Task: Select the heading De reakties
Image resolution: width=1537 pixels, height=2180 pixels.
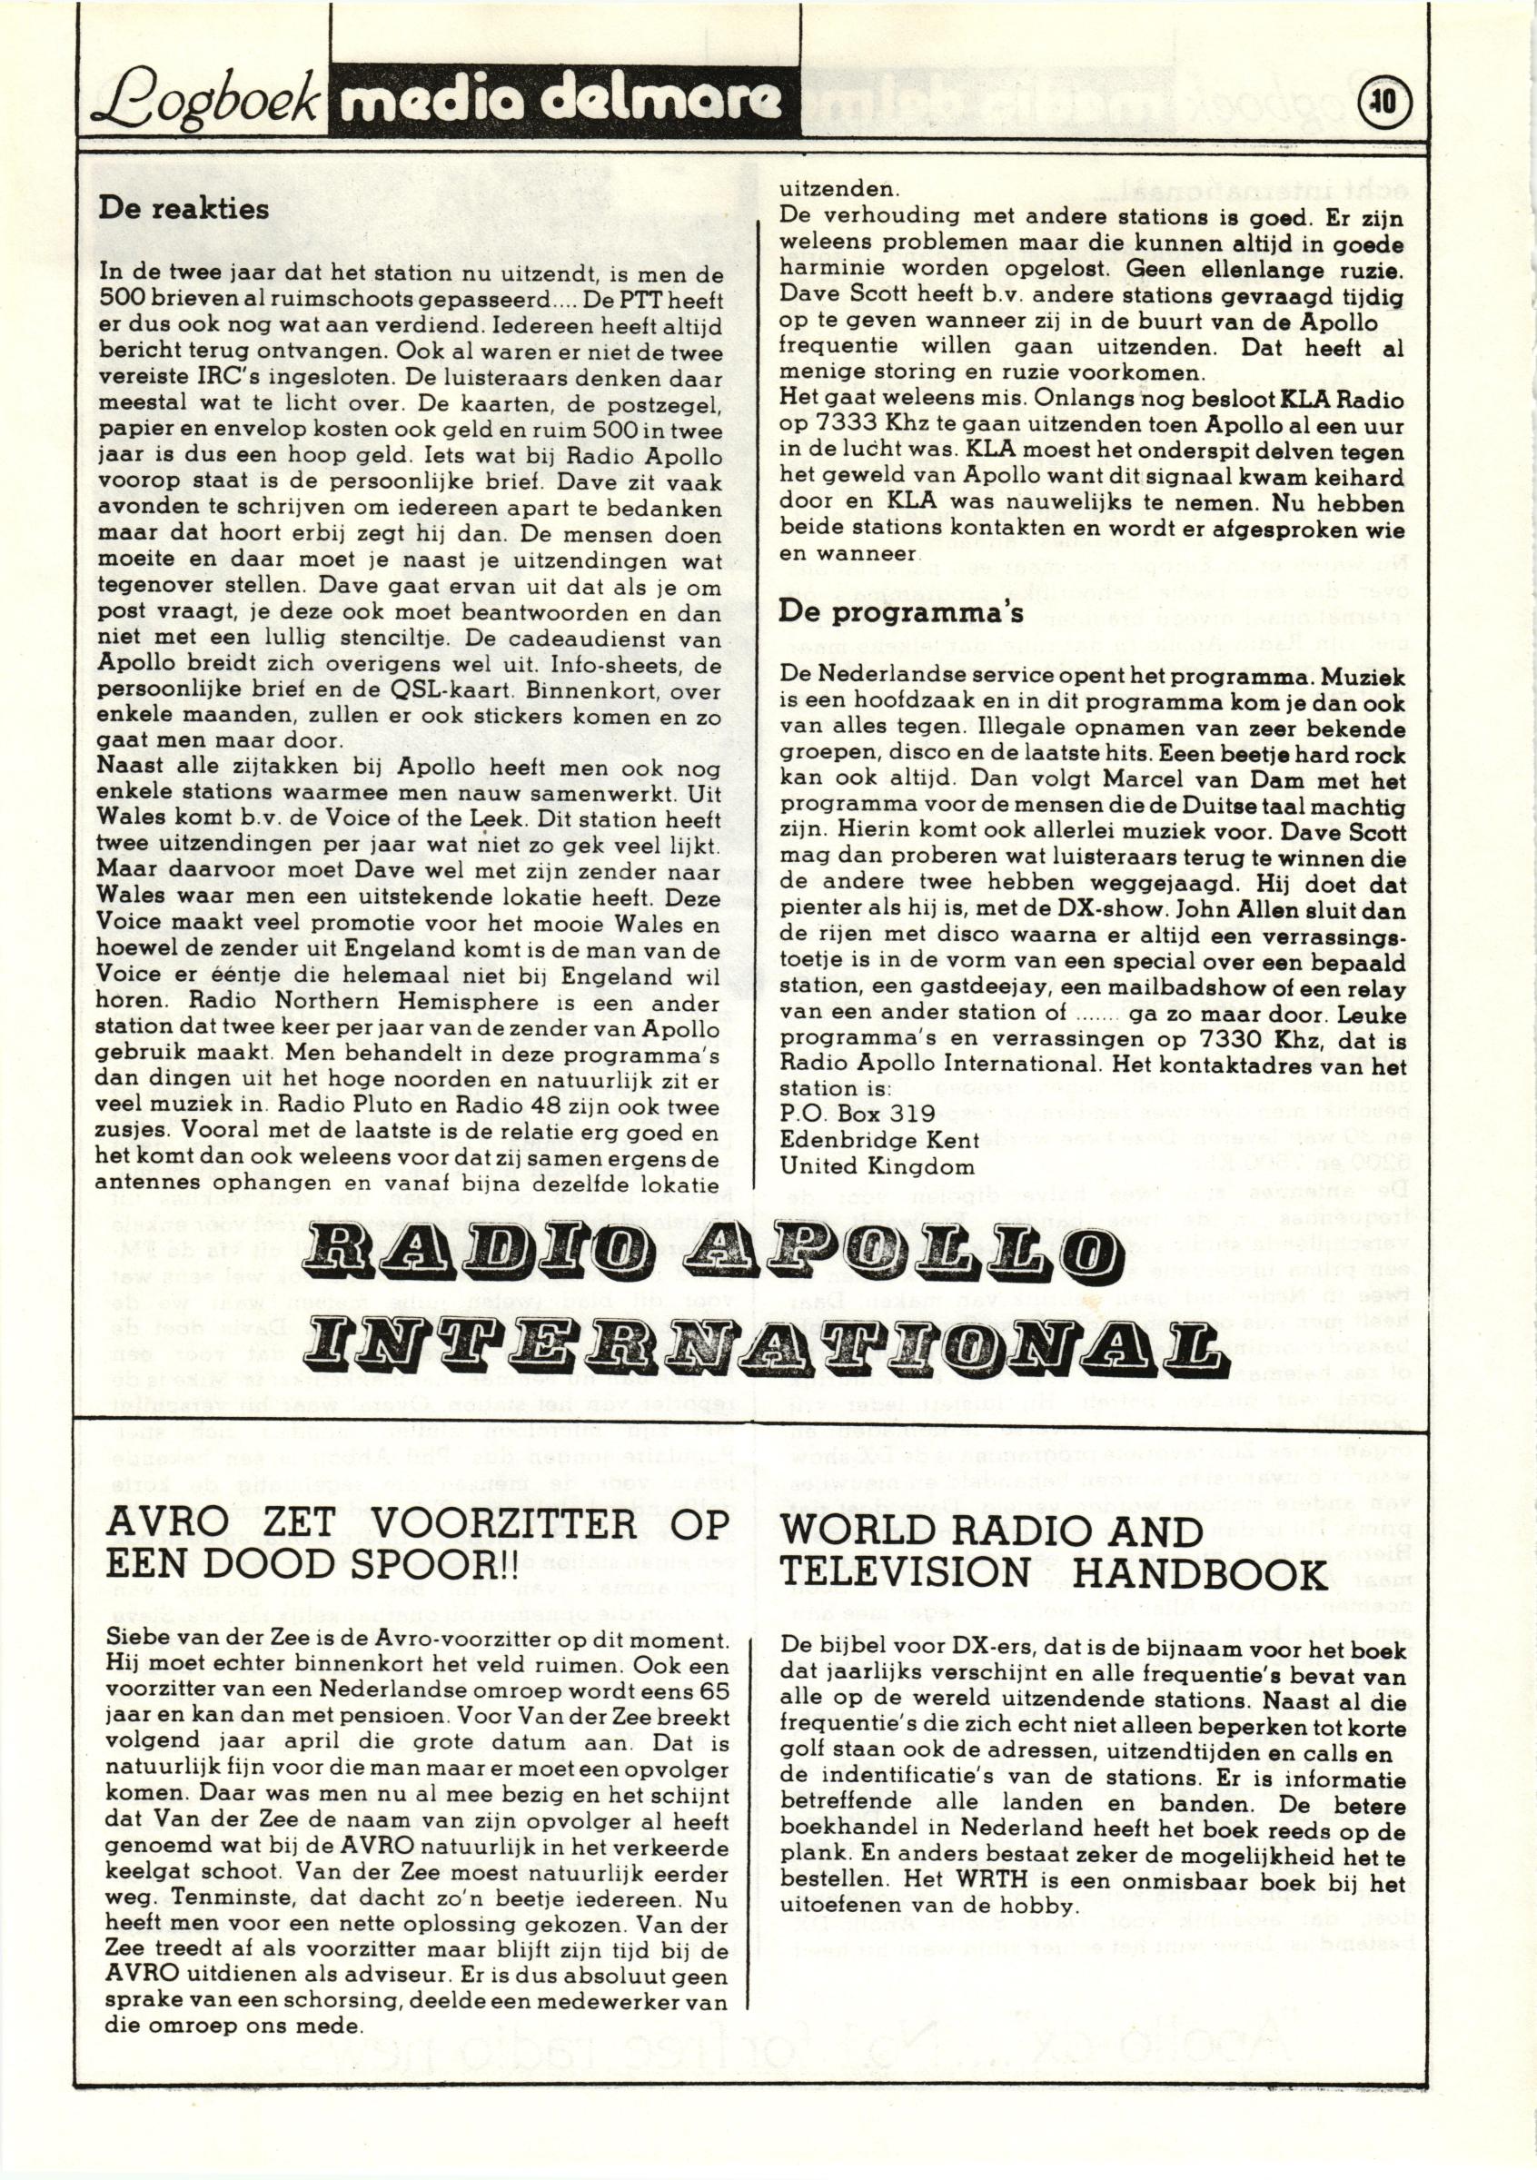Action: click(x=184, y=209)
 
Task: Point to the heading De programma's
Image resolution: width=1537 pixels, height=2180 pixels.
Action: click(x=901, y=611)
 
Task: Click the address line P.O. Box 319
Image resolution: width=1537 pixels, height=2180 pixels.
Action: click(x=844, y=1114)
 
